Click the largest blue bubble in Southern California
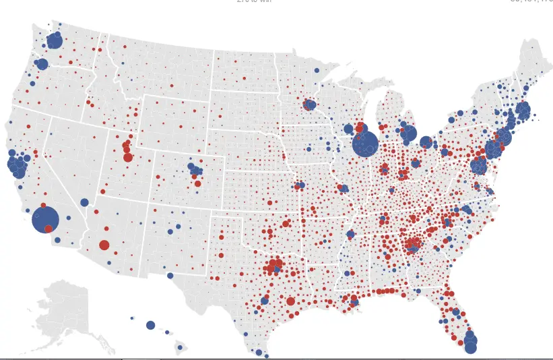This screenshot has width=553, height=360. click(x=45, y=219)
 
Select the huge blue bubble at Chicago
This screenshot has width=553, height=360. click(x=364, y=144)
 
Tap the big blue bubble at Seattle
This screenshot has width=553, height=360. click(x=55, y=41)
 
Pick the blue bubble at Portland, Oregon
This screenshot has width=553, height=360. click(x=42, y=64)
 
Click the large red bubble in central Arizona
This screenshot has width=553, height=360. click(x=104, y=245)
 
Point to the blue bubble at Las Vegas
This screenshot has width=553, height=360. click(x=84, y=202)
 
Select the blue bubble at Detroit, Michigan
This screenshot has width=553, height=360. click(x=408, y=133)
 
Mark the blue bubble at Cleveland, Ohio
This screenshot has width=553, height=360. click(x=426, y=142)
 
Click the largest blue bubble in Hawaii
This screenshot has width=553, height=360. click(x=150, y=325)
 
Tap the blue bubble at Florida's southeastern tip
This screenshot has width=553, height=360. click(x=470, y=344)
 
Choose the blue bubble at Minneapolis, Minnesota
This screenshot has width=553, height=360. click(x=310, y=104)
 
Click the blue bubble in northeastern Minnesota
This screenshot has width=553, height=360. click(x=317, y=70)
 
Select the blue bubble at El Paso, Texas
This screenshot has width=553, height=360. click(x=170, y=275)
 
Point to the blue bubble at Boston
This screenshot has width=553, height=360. click(x=522, y=110)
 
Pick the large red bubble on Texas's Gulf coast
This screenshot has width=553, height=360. click(x=290, y=301)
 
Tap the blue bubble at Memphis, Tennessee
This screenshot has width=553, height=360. click(x=350, y=234)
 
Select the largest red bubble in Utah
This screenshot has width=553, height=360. click(x=128, y=157)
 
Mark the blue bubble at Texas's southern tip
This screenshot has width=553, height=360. click(x=259, y=352)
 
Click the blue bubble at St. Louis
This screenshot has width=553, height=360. click(x=344, y=189)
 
